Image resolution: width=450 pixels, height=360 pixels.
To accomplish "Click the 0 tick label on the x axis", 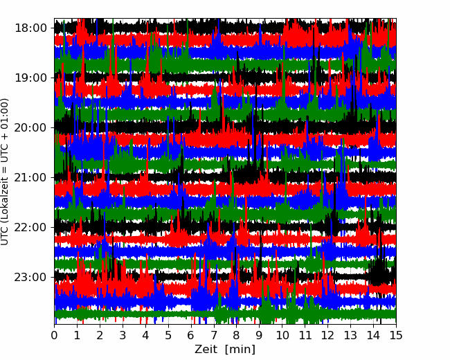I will coord(55,336).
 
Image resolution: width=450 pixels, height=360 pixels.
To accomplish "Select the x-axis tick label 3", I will coord(123,336).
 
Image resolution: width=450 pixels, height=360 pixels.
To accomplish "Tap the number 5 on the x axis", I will coord(168,336).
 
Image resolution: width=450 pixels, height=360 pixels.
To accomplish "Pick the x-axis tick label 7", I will coord(214,336).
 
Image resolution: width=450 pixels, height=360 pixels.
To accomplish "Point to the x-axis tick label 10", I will coord(282,336).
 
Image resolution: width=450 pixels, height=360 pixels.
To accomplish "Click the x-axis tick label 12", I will coord(327,336).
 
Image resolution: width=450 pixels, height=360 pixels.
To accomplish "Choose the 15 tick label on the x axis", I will coord(395,336).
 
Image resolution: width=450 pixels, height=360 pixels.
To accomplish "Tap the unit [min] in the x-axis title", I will coord(240,350).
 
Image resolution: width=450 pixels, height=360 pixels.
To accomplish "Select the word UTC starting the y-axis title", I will coord(6,234).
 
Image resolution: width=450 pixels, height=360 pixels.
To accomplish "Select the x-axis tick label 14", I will coord(373,336).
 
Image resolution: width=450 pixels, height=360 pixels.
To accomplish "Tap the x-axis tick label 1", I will coord(78,336).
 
